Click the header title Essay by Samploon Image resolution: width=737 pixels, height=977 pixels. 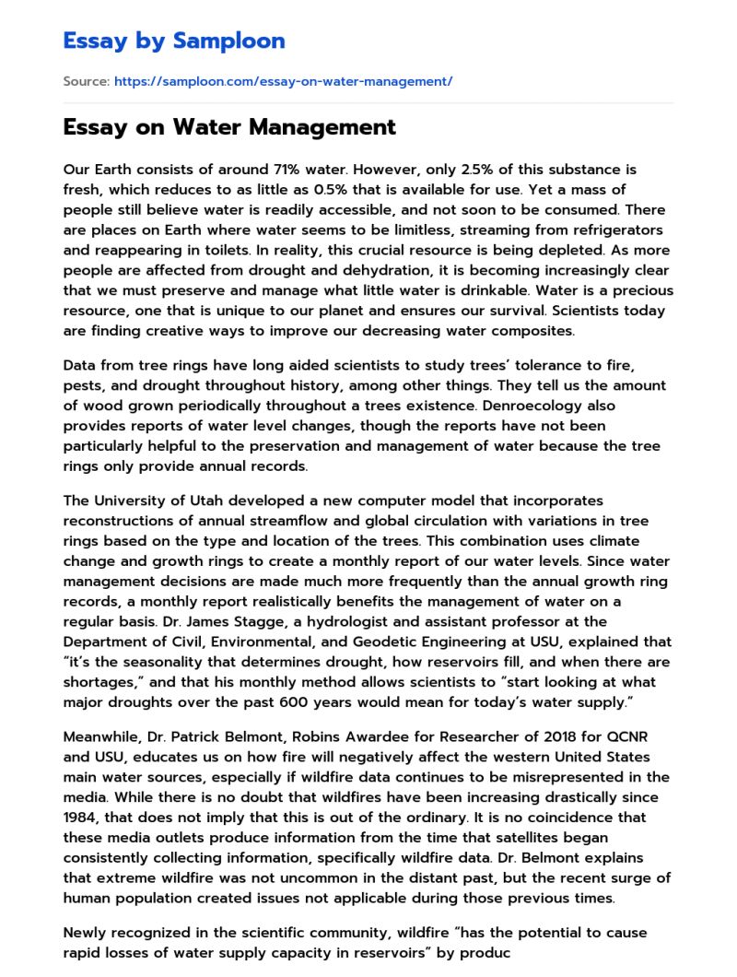coord(174,41)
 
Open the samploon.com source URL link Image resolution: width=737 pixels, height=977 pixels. coord(283,82)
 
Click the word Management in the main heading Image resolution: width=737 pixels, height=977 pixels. coord(321,127)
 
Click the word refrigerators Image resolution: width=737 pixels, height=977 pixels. coord(616,230)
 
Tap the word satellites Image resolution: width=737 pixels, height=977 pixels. coord(512,837)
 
